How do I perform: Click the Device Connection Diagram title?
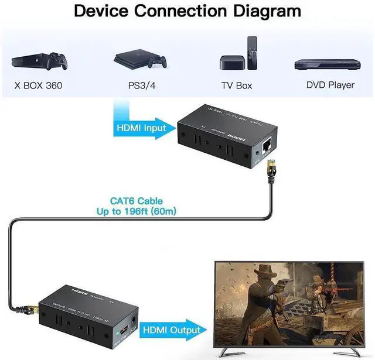tap(187, 11)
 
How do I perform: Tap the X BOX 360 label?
tap(38, 85)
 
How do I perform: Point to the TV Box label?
tap(236, 85)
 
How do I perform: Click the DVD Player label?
tap(330, 85)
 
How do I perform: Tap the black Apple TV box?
tap(231, 63)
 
